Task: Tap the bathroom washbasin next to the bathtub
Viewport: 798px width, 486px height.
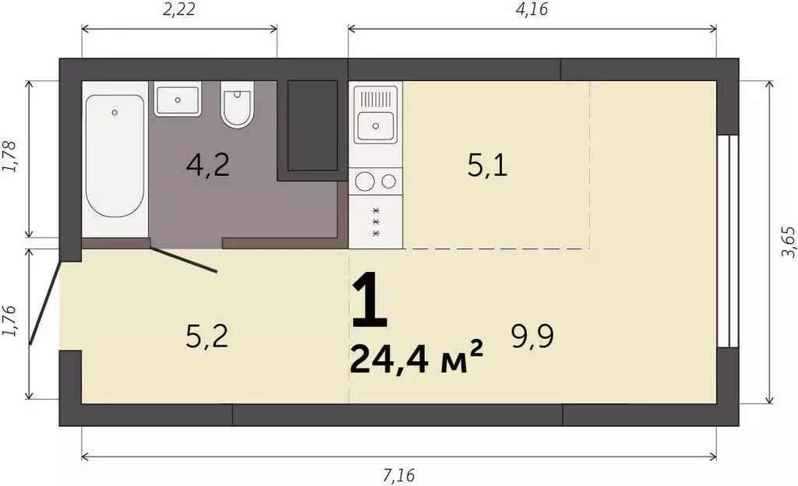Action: point(178,100)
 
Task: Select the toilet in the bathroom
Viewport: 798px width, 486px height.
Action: point(237,104)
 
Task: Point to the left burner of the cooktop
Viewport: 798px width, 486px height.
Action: point(365,181)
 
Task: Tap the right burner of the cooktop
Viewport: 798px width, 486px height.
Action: point(389,181)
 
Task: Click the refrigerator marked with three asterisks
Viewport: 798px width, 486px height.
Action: point(376,222)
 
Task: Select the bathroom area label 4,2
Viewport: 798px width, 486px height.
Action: point(207,166)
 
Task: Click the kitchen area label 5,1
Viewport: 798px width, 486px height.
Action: point(488,166)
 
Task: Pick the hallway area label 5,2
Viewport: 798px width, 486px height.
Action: point(207,336)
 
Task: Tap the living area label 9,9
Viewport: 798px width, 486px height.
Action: point(532,336)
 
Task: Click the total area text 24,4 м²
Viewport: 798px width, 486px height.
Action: point(416,358)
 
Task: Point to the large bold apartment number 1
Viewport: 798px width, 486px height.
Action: point(369,300)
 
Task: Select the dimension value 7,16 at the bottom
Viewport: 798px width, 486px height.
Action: point(399,476)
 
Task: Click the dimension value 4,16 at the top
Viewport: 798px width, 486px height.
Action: point(531,9)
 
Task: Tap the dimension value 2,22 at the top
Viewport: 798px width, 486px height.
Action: point(179,9)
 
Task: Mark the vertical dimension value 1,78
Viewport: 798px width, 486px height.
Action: point(10,156)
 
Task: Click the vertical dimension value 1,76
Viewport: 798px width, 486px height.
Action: point(10,321)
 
